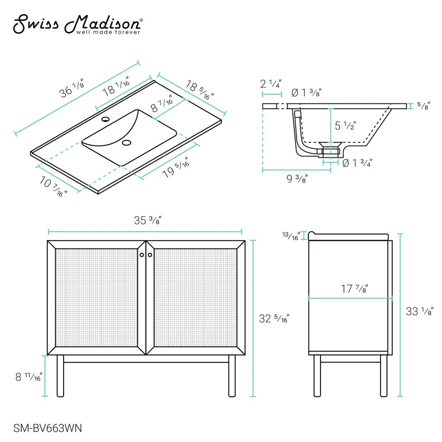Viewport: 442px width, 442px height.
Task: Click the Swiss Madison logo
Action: coord(78,25)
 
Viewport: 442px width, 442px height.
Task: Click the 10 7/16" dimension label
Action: coord(54,186)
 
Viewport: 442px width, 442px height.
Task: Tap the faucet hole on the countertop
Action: coord(105,119)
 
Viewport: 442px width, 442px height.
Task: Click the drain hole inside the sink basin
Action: coord(127,143)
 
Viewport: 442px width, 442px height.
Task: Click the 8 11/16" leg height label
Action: coord(28,376)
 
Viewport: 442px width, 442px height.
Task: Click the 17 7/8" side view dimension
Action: coord(354,289)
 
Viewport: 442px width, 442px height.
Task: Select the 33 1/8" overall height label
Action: coord(419,312)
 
